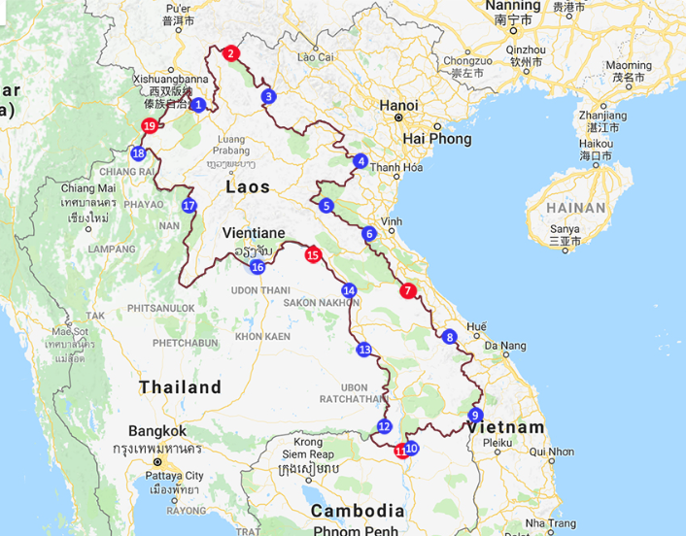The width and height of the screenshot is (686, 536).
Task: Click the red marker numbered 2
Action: [230, 53]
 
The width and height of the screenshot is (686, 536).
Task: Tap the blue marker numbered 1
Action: [197, 105]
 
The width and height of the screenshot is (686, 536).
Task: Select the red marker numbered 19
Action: [149, 126]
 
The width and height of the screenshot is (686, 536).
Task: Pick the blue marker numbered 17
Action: [189, 206]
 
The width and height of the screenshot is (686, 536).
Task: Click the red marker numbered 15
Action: [312, 255]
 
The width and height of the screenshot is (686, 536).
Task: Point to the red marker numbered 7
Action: [408, 289]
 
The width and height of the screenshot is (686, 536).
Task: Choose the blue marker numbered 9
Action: [475, 416]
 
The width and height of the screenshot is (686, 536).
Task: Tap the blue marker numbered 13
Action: [363, 350]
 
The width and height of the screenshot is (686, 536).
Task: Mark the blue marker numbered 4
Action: [361, 161]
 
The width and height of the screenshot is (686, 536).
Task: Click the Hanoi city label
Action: [398, 105]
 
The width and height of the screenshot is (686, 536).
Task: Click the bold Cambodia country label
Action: [357, 511]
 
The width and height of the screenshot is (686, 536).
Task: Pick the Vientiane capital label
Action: [254, 233]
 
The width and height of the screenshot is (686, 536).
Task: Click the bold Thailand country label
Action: [180, 386]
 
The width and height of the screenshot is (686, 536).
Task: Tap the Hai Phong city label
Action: [437, 139]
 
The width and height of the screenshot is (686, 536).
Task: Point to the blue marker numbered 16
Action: [257, 267]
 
